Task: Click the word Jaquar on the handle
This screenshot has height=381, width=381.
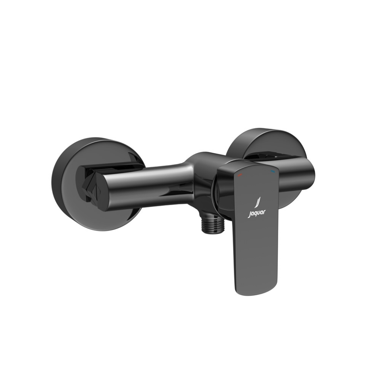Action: point(257,213)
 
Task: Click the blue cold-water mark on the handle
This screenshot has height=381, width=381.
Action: point(273,172)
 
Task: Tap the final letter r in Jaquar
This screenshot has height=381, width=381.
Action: point(265,211)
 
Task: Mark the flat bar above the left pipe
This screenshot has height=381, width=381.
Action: point(111,165)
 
